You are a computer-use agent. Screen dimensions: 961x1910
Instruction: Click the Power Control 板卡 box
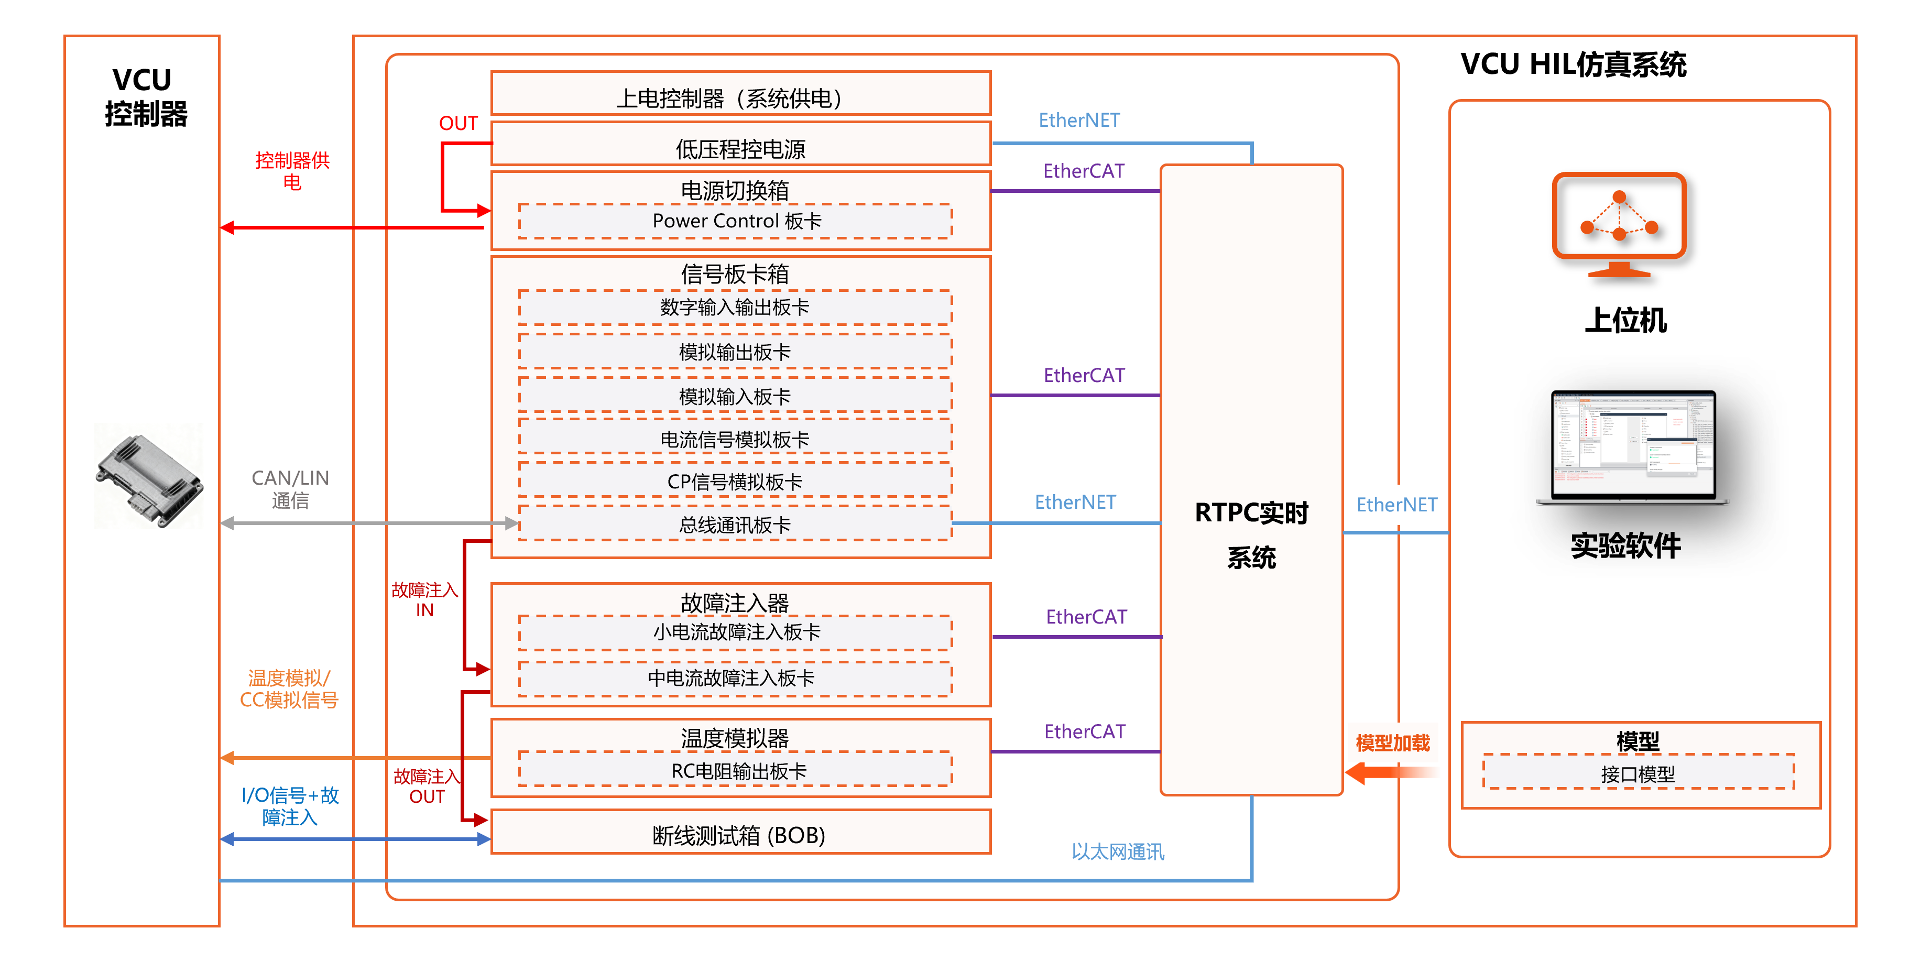coord(736,221)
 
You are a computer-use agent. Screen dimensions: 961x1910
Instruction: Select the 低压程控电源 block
coord(740,148)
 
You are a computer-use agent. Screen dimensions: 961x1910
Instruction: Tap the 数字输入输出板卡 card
coord(736,307)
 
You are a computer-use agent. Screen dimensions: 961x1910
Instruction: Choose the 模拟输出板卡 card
coord(736,352)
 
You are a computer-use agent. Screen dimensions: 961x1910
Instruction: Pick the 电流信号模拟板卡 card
coord(736,439)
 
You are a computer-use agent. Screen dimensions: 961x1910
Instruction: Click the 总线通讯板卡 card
coord(736,524)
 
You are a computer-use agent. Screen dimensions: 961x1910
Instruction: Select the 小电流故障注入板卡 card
coord(736,632)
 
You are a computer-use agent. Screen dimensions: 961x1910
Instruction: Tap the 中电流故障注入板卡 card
coord(736,678)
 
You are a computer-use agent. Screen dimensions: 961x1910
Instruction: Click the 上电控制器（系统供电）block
coord(740,97)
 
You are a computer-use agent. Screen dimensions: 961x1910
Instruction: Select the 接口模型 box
coord(1638,773)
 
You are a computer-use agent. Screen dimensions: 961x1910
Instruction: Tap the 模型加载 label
coord(1392,743)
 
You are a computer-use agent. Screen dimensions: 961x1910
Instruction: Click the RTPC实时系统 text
coord(1251,534)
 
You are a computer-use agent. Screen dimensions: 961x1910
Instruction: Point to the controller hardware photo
coord(149,475)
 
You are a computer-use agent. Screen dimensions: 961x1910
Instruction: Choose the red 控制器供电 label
coord(292,170)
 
